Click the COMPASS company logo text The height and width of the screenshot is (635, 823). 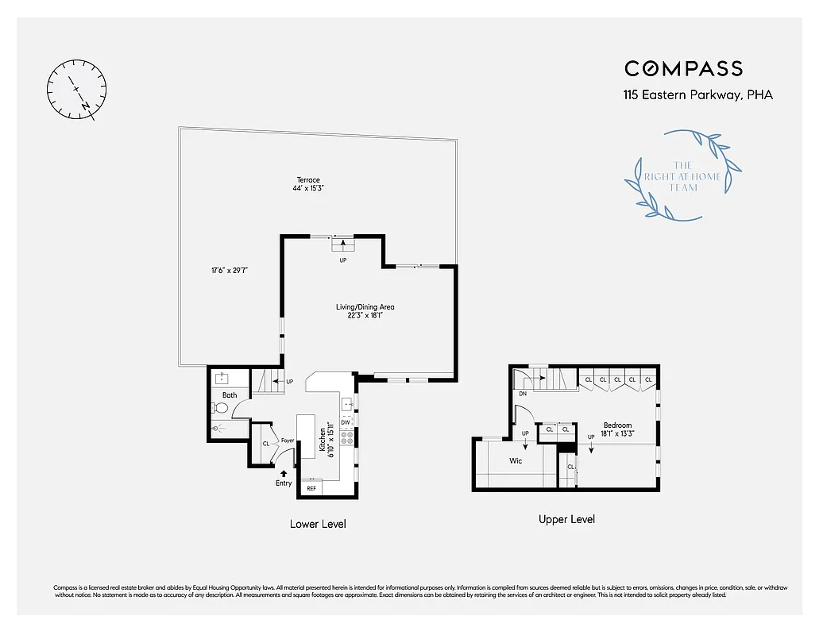(683, 68)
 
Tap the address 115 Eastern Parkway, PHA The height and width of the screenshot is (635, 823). (697, 95)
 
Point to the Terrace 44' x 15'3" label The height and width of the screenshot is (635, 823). (308, 184)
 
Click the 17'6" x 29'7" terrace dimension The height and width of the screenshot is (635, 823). (230, 271)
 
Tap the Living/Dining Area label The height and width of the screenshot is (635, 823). (365, 310)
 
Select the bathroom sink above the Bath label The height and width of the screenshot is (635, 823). (221, 379)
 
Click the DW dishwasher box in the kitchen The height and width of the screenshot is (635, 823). (346, 422)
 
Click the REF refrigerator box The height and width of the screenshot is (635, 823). (311, 488)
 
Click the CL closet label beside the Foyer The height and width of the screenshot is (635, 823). (265, 443)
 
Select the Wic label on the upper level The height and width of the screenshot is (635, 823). (516, 461)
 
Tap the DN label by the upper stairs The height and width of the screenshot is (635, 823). (522, 393)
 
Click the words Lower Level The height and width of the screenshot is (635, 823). (318, 524)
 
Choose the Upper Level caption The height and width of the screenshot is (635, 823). (566, 519)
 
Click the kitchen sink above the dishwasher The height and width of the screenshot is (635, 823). (346, 405)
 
